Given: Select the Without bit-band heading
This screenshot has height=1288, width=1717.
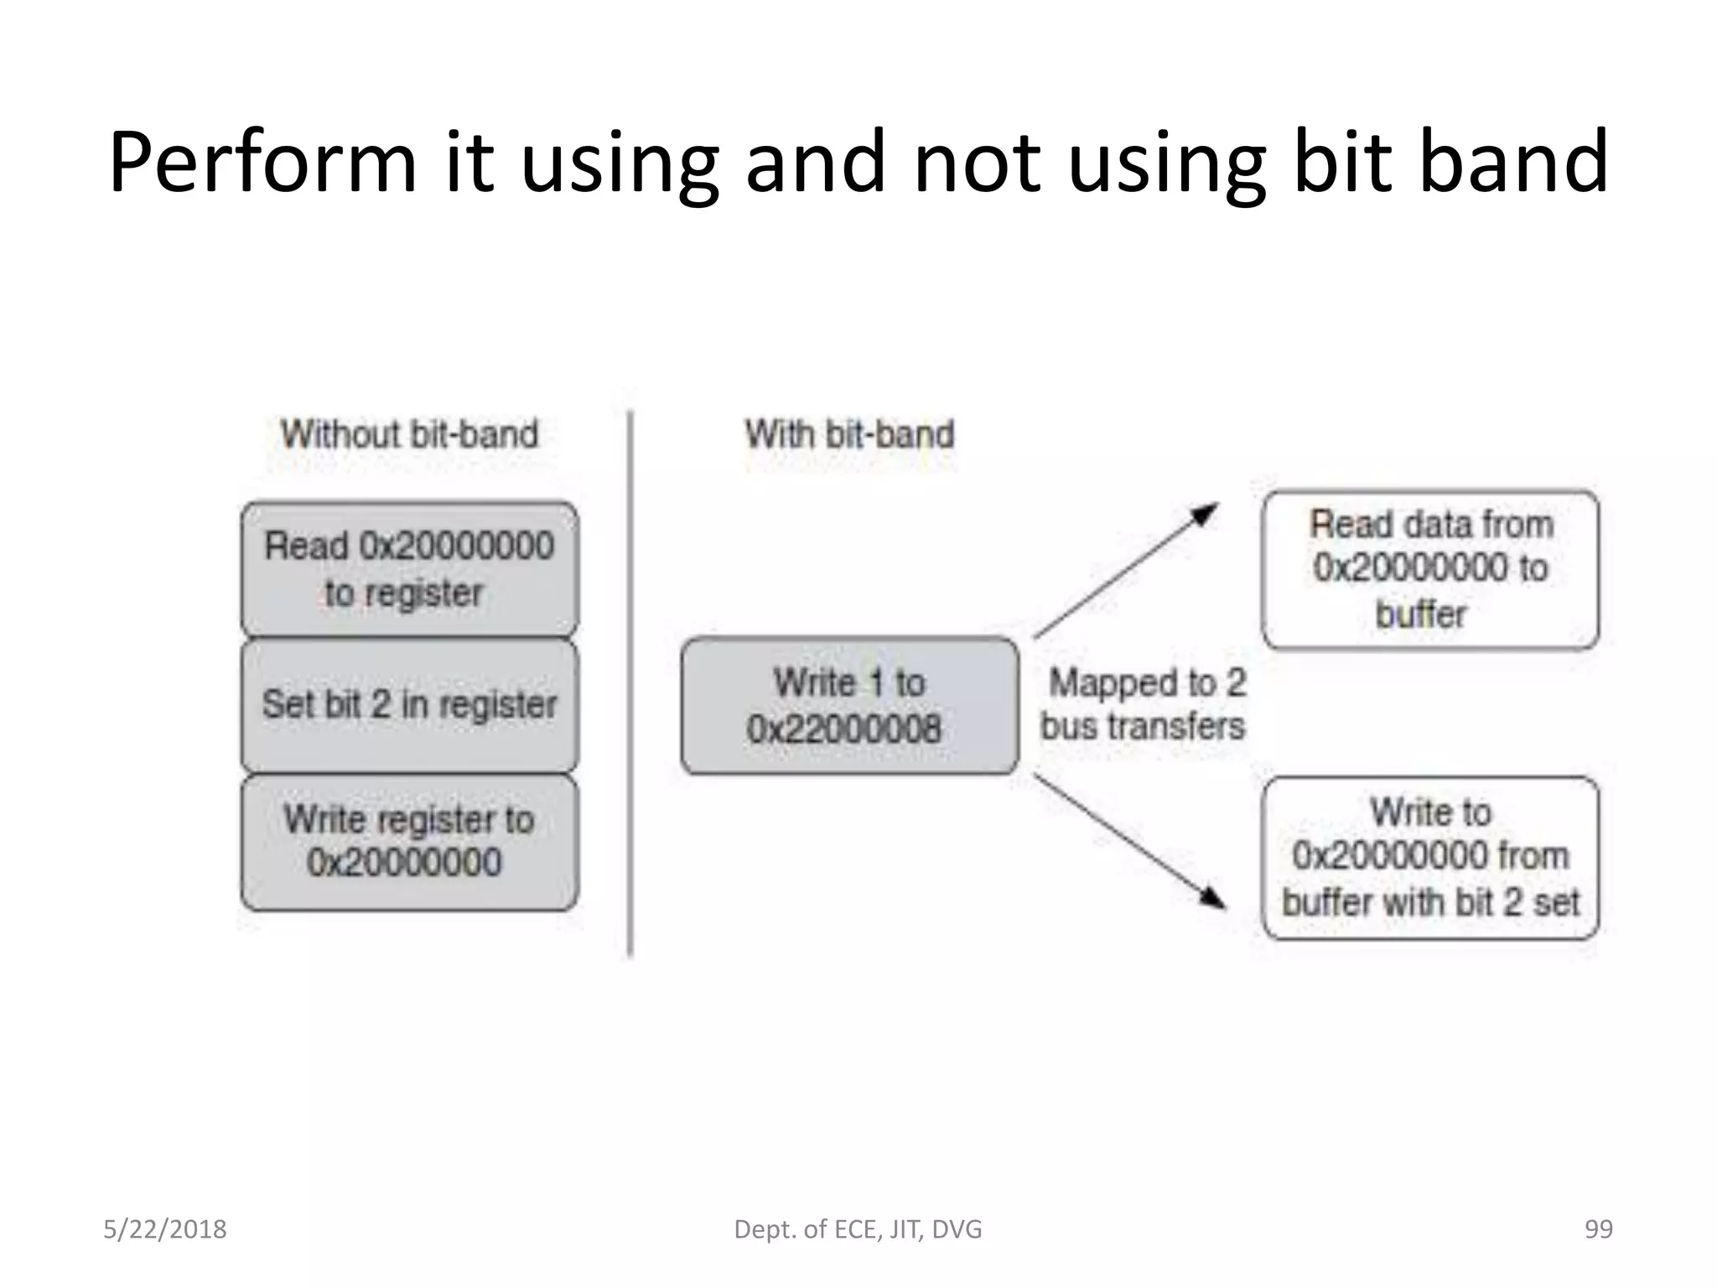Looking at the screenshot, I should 409,434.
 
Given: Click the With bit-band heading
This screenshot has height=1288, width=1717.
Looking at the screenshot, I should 849,434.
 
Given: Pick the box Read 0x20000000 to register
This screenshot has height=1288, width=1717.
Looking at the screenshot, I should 409,569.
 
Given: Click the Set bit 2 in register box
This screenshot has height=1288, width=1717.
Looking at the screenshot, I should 409,705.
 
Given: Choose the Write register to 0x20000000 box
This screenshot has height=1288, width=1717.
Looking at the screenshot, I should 409,842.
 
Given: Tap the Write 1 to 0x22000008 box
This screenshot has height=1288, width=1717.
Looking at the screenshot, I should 849,705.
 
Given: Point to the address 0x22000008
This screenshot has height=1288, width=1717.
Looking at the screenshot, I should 843,729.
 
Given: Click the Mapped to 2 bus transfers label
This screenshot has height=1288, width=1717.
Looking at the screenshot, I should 1144,704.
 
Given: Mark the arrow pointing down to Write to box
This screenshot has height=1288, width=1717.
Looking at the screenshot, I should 1128,841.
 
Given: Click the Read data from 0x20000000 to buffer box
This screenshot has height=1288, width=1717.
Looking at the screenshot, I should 1430,569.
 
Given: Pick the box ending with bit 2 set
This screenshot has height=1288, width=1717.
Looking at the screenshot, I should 1430,858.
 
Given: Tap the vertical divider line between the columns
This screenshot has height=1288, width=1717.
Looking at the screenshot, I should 630,683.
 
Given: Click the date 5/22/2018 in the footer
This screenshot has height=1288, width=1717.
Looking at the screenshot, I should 165,1229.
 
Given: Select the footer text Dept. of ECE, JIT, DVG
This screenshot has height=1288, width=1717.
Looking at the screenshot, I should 858,1229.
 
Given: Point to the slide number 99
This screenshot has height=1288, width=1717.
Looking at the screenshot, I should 1598,1229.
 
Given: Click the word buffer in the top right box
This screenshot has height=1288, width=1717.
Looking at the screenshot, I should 1421,615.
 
